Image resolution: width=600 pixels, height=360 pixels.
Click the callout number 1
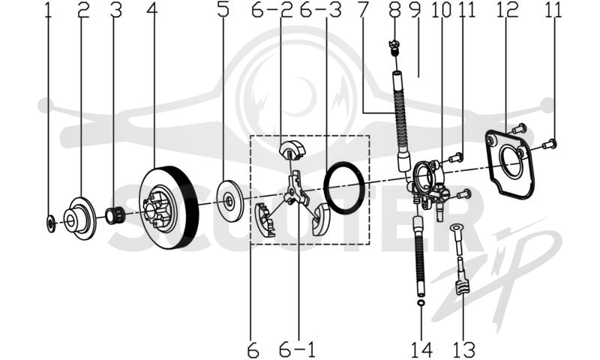(48, 10)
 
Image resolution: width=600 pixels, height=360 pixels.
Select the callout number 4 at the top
(152, 10)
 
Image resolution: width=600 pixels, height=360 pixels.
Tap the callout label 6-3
(321, 10)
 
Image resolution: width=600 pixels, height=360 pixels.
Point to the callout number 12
(508, 10)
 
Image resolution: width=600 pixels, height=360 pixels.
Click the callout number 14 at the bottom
(421, 349)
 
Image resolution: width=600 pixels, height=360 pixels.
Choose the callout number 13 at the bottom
(463, 349)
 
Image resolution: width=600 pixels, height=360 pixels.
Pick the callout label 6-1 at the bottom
(297, 349)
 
